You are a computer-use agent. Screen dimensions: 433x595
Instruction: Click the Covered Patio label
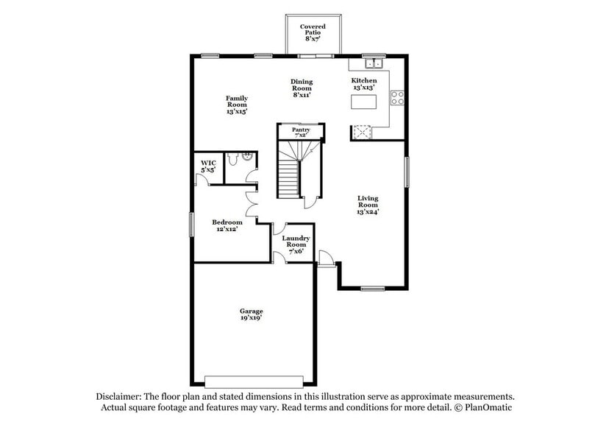[x=312, y=32]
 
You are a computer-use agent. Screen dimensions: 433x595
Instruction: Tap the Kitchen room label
[x=363, y=84]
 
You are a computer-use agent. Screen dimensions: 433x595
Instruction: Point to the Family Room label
[x=236, y=105]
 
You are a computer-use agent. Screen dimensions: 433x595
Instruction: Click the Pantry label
[x=302, y=132]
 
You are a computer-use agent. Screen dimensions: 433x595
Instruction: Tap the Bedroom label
[x=227, y=225]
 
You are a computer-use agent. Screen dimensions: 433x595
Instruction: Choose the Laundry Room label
[x=296, y=244]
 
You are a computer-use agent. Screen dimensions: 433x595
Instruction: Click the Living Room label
[x=368, y=205]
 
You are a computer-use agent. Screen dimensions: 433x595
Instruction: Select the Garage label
[x=251, y=314]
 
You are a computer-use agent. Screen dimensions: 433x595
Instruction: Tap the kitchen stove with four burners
[x=396, y=97]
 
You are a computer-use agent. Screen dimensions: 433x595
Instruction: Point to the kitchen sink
[x=373, y=62]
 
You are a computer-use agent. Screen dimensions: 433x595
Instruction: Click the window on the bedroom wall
[x=191, y=225]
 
